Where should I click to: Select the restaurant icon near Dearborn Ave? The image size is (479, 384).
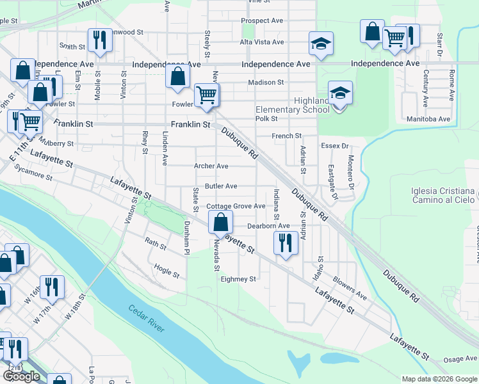pos(284,243)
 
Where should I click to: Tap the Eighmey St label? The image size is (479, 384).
pos(238,279)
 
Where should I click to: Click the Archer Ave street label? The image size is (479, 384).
pos(211,166)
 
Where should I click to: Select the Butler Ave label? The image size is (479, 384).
pos(221,186)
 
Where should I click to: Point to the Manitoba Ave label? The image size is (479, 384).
pos(428,119)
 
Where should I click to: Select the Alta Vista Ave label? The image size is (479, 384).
pos(261,42)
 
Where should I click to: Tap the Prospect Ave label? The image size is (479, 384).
pos(263,20)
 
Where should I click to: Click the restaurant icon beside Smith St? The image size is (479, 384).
pos(99,40)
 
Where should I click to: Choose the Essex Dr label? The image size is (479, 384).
pos(334,146)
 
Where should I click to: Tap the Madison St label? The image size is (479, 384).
pos(266,83)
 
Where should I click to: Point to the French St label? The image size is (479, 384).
pos(286,136)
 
